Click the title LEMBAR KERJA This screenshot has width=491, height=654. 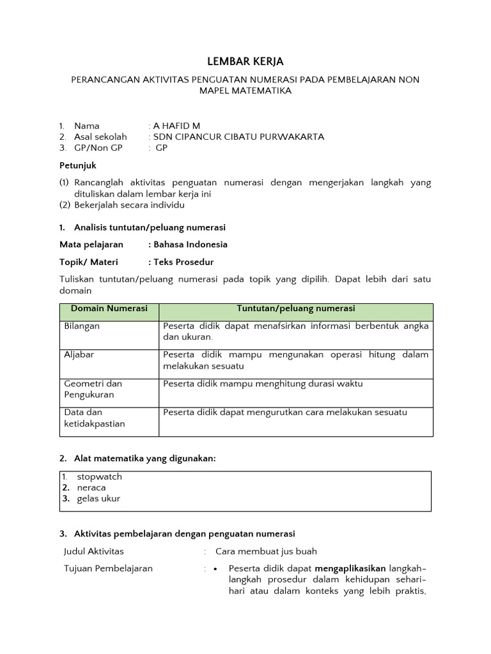click(x=245, y=61)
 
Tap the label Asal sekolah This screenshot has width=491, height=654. click(x=100, y=137)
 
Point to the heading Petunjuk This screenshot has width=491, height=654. click(x=77, y=165)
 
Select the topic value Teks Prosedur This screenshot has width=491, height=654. click(x=183, y=262)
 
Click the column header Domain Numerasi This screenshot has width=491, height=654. click(x=109, y=308)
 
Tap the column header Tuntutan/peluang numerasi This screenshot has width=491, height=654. click(x=295, y=308)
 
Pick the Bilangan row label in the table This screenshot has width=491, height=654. click(x=82, y=326)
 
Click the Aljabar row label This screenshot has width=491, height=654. click(x=79, y=354)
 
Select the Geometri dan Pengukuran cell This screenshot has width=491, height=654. click(x=93, y=389)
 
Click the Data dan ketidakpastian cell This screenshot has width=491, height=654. click(x=95, y=418)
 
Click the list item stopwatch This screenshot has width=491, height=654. click(x=99, y=476)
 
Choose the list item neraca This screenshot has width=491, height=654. click(x=91, y=487)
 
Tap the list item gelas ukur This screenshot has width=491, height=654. click(x=98, y=498)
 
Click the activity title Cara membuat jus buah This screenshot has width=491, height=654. click(x=266, y=551)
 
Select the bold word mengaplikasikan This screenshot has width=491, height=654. click(x=350, y=568)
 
